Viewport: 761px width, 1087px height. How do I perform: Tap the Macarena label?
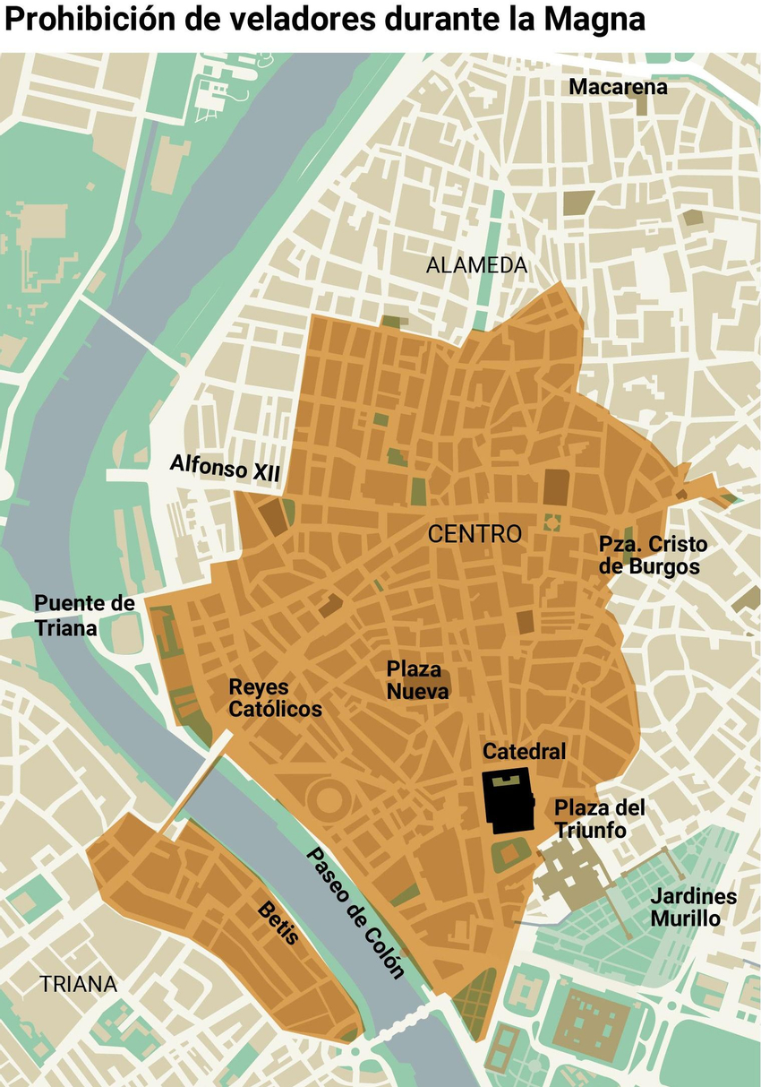(x=618, y=87)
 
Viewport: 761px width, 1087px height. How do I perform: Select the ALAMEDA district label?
(x=476, y=265)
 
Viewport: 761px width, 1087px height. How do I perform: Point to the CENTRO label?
(x=475, y=535)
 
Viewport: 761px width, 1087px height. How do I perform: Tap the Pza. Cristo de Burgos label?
(x=653, y=556)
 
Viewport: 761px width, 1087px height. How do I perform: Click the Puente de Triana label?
(x=84, y=615)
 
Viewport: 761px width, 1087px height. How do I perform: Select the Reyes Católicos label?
(x=275, y=698)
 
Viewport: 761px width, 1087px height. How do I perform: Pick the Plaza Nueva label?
(x=417, y=679)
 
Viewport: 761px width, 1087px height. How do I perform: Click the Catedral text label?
(x=524, y=751)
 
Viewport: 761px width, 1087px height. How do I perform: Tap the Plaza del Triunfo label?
(x=599, y=818)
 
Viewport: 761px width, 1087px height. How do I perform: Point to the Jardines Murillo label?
(x=693, y=907)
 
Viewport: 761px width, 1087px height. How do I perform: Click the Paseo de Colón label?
(x=355, y=912)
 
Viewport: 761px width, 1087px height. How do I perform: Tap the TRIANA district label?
(x=78, y=984)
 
